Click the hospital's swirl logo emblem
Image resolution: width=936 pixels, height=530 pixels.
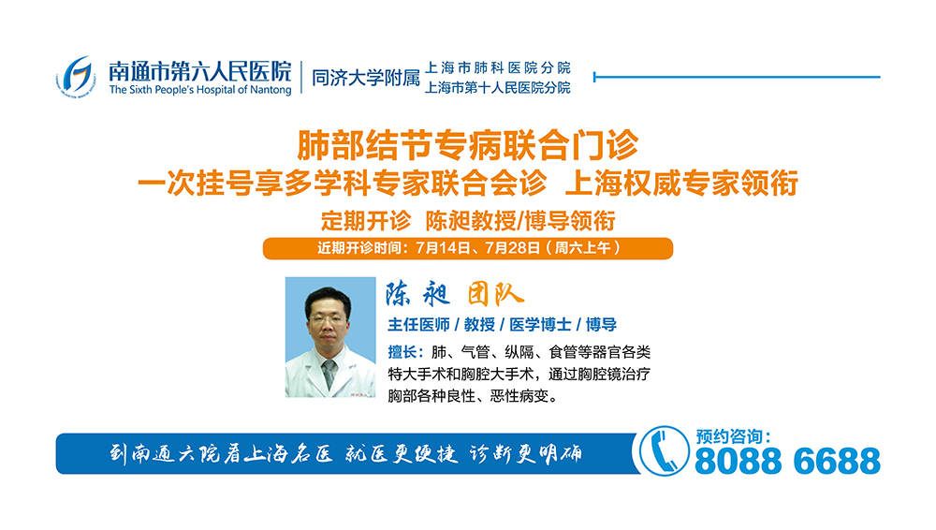[x=76, y=77]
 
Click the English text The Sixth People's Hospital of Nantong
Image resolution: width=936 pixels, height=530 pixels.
[x=200, y=90]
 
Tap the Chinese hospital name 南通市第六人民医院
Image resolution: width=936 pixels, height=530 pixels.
[x=200, y=70]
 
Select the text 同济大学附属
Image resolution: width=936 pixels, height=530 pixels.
[x=366, y=78]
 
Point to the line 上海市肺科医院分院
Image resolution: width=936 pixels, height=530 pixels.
[x=498, y=67]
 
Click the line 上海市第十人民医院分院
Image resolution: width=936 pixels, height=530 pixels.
[x=498, y=88]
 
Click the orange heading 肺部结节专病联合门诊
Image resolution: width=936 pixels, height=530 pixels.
[x=468, y=145]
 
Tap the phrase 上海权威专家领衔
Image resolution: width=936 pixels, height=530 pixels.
[x=681, y=183]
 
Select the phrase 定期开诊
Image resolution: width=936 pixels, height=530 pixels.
[x=366, y=220]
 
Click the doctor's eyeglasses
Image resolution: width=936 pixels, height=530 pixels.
[x=327, y=319]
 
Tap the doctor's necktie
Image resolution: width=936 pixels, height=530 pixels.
[x=329, y=375]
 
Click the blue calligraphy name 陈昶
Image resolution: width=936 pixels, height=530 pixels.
[x=417, y=293]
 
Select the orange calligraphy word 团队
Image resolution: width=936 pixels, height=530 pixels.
[x=495, y=294]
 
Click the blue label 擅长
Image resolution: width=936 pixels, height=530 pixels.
[x=402, y=352]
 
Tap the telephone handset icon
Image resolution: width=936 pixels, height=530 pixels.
[x=664, y=451]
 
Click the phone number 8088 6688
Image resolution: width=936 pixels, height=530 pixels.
[x=788, y=461]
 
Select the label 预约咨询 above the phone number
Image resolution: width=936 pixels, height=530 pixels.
[x=726, y=436]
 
